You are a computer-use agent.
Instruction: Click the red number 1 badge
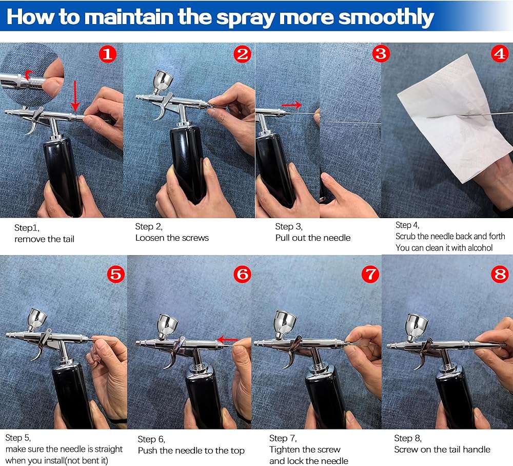click(x=108, y=54)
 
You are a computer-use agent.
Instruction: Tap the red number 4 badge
click(x=500, y=53)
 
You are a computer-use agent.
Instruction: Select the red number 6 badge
click(x=242, y=274)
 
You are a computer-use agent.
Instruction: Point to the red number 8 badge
click(x=500, y=274)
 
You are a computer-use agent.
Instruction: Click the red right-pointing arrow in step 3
click(x=291, y=105)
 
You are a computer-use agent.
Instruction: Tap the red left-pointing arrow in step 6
click(x=227, y=339)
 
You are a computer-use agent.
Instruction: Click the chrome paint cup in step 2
click(x=163, y=82)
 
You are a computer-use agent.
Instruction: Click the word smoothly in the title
click(x=386, y=17)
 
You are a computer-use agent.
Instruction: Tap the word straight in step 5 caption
click(x=104, y=449)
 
